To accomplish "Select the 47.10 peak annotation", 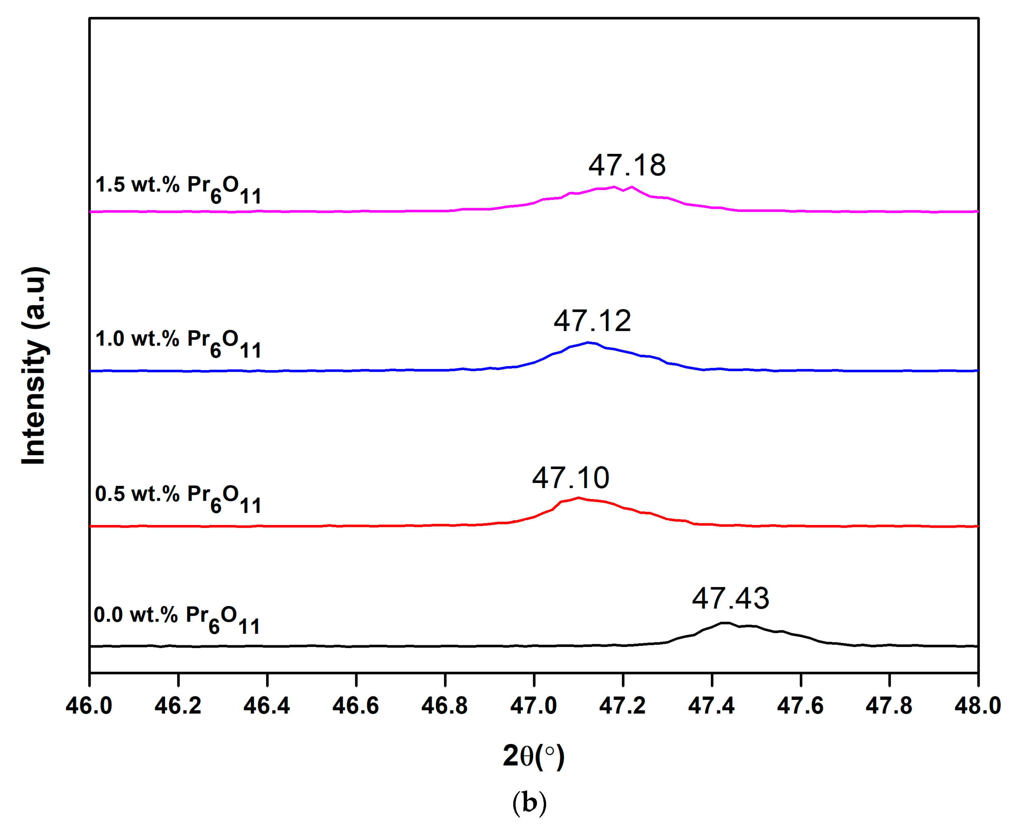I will click(x=571, y=478).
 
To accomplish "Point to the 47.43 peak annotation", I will click(x=731, y=598).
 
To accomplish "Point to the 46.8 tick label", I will click(x=444, y=706).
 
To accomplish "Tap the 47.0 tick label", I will click(x=534, y=706).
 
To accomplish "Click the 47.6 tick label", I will click(x=800, y=706).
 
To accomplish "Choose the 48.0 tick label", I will click(x=977, y=706).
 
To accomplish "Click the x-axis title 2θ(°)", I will click(x=534, y=756).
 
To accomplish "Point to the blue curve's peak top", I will click(x=588, y=342).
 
